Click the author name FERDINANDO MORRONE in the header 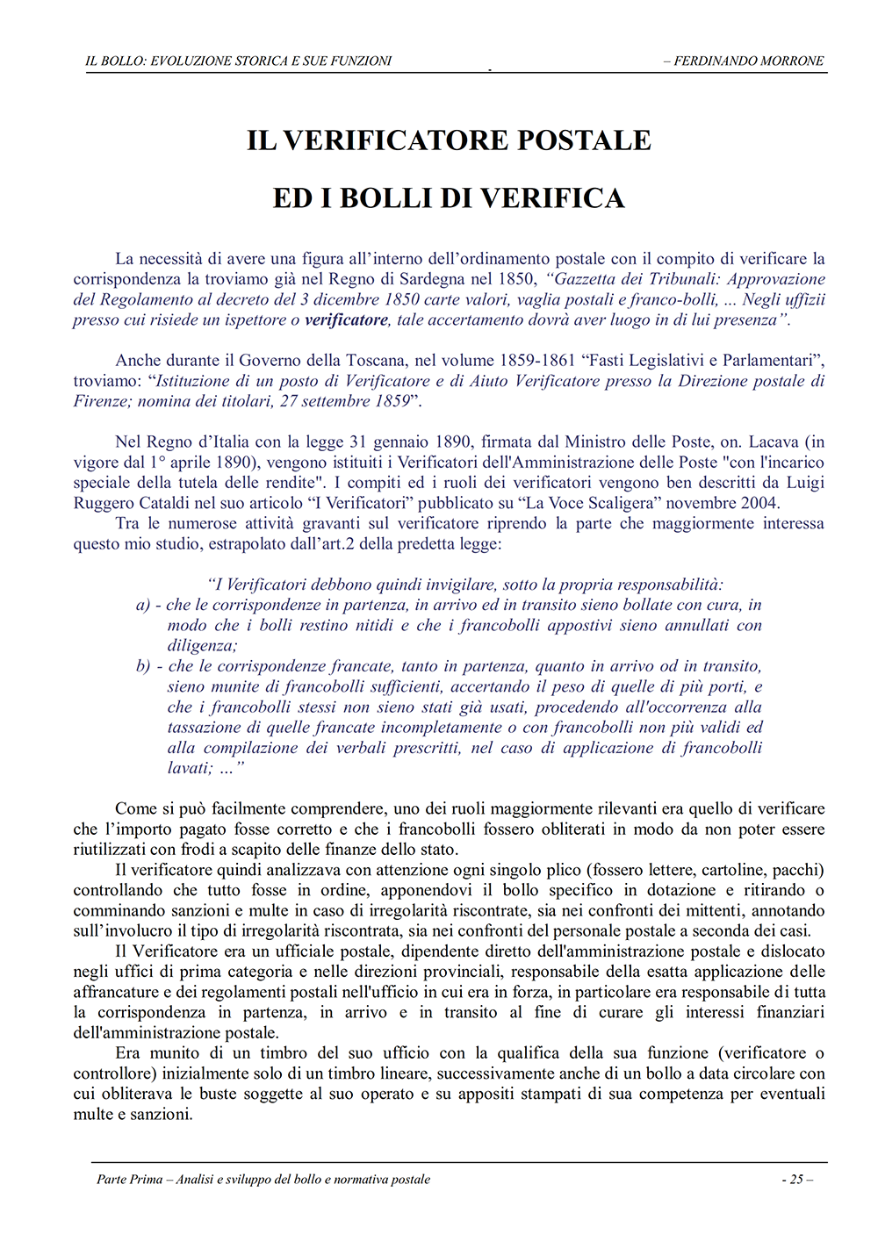pos(748,61)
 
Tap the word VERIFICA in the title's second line pos(552,198)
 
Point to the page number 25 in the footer pos(796,1180)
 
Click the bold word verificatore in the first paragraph pos(346,320)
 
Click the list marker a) pos(143,605)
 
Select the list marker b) pos(143,666)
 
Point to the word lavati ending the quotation pos(190,768)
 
